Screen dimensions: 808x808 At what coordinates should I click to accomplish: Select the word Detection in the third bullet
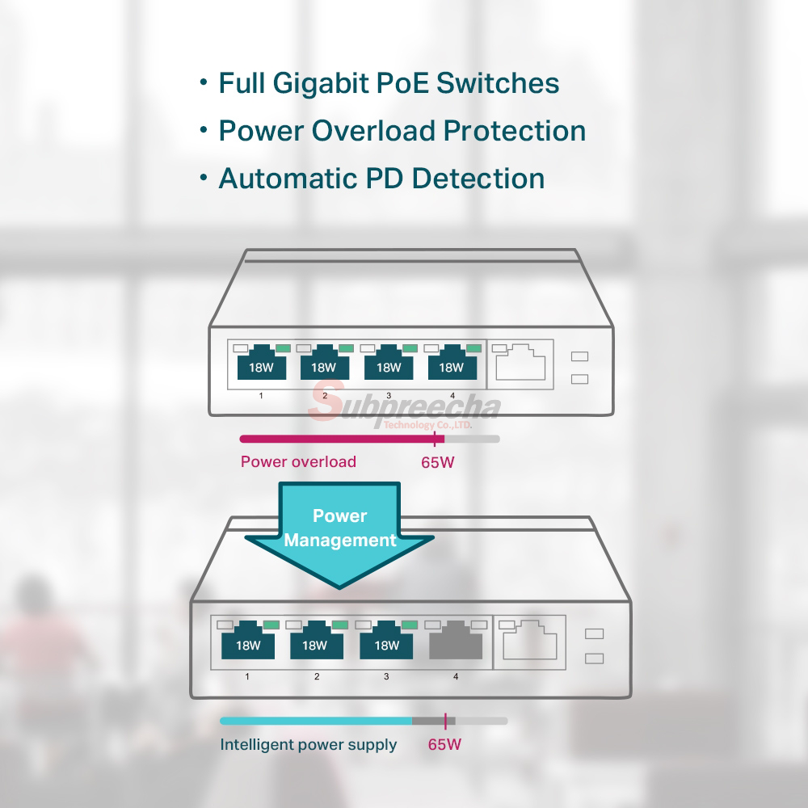point(478,179)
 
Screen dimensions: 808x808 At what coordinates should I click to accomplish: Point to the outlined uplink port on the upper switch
point(520,363)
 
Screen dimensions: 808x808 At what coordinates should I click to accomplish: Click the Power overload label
point(298,461)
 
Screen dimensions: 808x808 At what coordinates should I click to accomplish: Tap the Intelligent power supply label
point(308,745)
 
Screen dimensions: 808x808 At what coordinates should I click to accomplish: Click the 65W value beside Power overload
point(437,462)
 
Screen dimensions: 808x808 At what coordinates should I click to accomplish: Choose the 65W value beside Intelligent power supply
point(444,745)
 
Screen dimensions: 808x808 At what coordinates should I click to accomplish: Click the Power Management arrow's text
point(340,528)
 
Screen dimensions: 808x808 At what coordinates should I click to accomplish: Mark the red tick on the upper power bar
point(436,439)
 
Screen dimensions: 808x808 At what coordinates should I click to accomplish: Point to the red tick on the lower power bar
point(445,721)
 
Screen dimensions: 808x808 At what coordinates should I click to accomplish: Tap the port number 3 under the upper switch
point(389,396)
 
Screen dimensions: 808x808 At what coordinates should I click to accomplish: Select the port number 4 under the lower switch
point(456,676)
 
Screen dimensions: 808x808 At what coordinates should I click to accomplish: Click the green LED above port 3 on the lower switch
point(410,625)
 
